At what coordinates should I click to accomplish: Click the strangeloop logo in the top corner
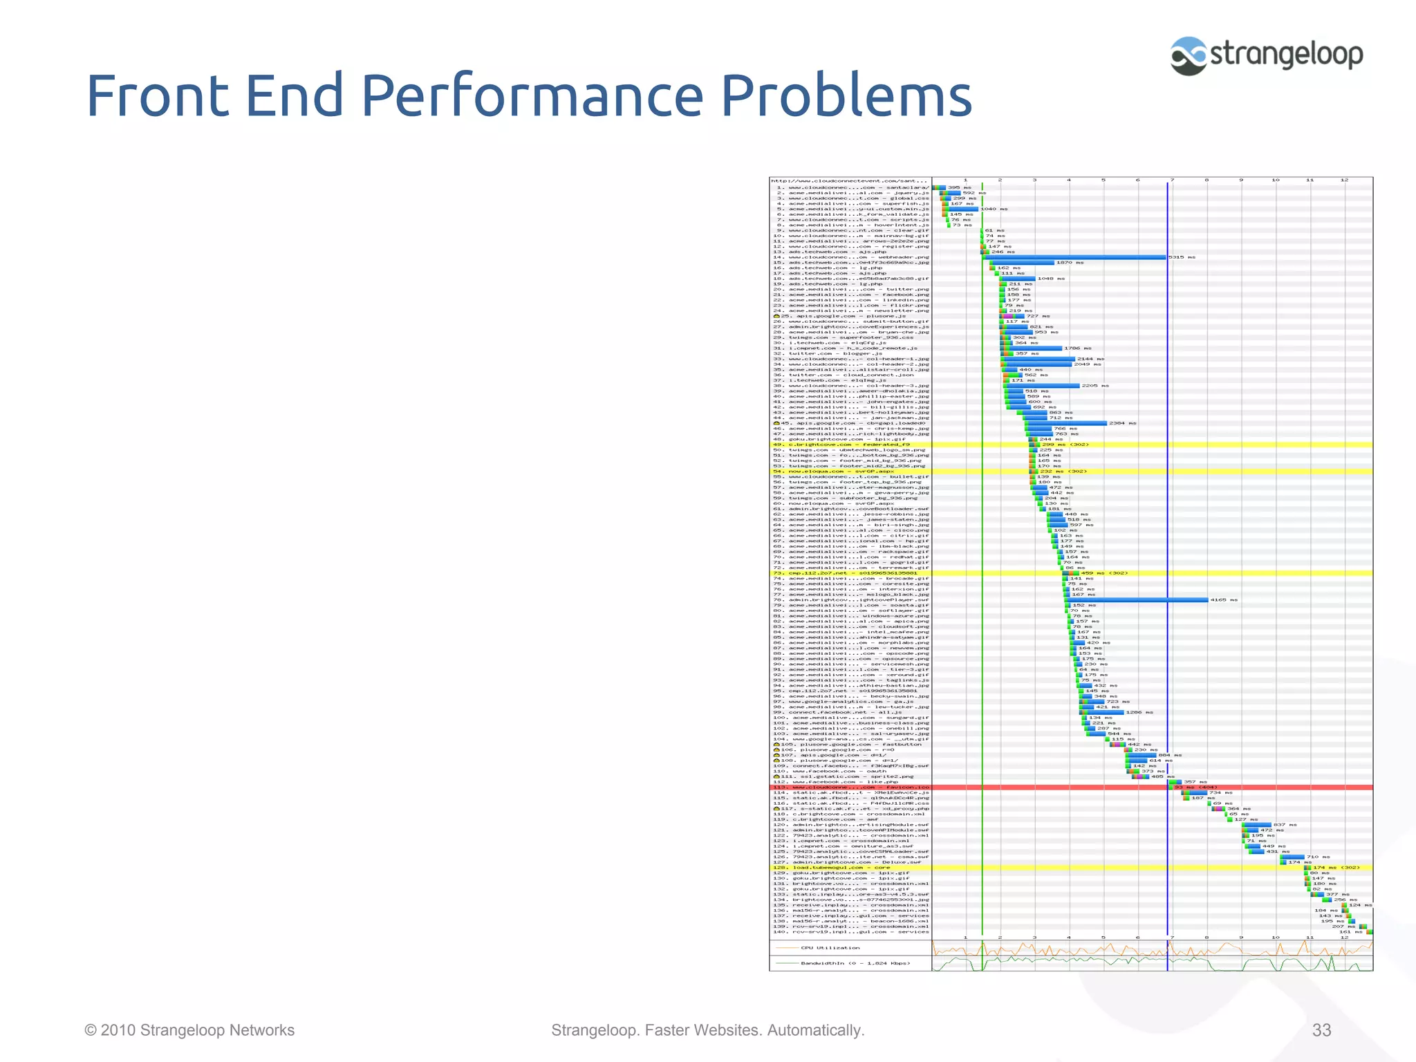[x=1267, y=55]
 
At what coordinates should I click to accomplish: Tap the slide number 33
[x=1321, y=1030]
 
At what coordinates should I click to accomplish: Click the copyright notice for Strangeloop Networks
[x=189, y=1030]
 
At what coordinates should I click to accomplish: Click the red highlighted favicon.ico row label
[x=850, y=788]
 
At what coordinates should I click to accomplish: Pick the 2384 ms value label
[x=1122, y=423]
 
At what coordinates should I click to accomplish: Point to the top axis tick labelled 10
[x=1275, y=180]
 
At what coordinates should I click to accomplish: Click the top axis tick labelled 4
[x=1069, y=180]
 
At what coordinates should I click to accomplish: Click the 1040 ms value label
[x=994, y=209]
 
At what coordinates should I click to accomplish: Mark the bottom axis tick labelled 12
[x=1344, y=938]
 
